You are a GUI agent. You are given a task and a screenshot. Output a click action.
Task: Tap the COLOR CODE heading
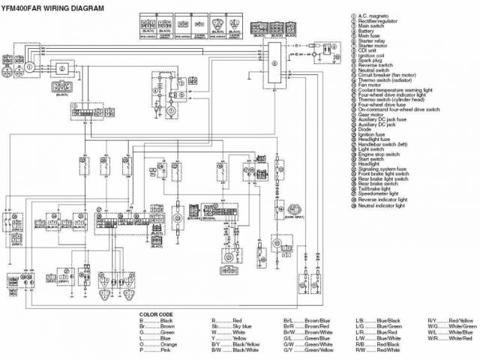coord(159,313)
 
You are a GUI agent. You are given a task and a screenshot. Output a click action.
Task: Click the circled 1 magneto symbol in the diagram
coord(29,67)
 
